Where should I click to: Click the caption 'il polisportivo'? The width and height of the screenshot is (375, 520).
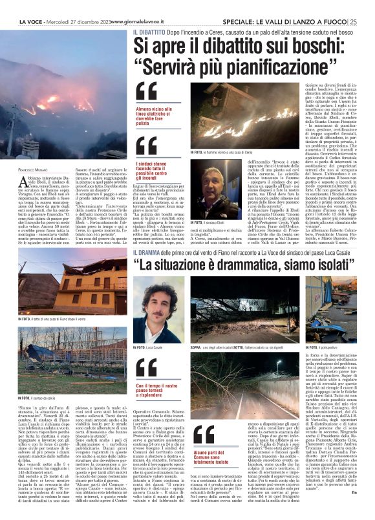323,347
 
